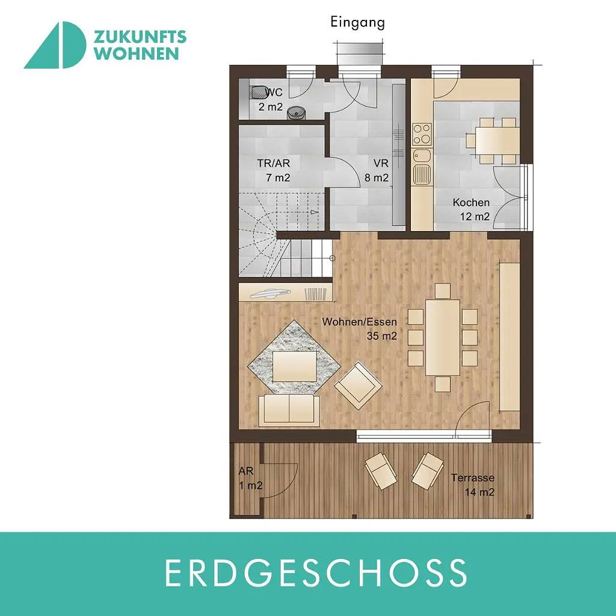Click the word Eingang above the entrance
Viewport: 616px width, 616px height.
[357, 23]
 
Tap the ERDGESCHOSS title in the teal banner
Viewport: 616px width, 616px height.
[316, 573]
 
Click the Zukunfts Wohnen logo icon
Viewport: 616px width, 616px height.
[55, 45]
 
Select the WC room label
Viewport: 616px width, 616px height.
[274, 93]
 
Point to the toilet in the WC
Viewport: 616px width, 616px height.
[259, 92]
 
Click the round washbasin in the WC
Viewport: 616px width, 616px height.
[296, 112]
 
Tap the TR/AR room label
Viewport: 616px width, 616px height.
[274, 163]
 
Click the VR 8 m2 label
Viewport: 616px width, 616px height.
[377, 170]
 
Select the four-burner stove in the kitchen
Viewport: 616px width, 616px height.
[422, 134]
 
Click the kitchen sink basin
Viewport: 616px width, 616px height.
[421, 156]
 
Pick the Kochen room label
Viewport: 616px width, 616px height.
[471, 203]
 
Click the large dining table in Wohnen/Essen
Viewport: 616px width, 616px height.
[443, 337]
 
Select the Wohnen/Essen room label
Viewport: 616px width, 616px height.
[360, 322]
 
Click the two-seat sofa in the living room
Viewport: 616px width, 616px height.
[289, 410]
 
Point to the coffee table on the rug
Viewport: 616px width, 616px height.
[295, 366]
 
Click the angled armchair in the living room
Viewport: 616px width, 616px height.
[359, 386]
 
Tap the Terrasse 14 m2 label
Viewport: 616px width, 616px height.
[473, 485]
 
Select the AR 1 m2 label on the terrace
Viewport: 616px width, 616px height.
[250, 478]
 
